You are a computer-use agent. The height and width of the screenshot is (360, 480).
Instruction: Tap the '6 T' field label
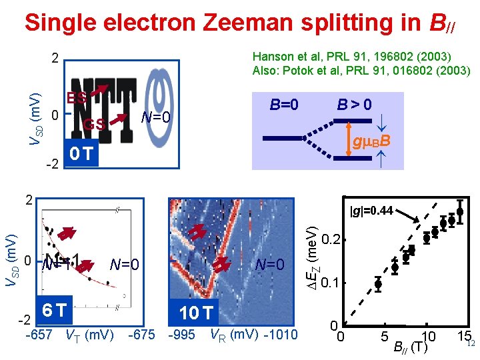tap(53, 310)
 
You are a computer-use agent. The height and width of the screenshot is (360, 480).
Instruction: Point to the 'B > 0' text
tap(354, 105)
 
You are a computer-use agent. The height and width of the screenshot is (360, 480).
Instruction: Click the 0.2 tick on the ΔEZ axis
tap(334, 239)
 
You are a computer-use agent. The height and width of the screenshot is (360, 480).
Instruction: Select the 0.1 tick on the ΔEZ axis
tap(334, 283)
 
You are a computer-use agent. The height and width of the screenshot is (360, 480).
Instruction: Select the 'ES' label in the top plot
tap(75, 98)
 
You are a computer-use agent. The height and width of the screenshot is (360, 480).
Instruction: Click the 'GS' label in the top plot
tap(93, 124)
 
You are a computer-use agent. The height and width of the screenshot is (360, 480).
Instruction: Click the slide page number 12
tap(471, 344)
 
